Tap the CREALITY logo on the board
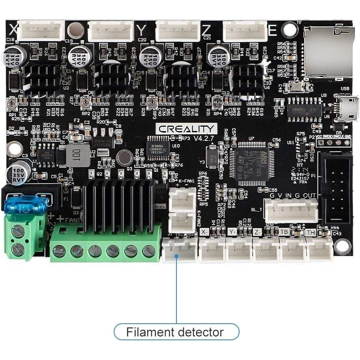[187, 129]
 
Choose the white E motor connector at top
[245, 31]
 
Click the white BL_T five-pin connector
[291, 210]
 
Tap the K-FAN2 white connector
[182, 221]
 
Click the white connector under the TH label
[319, 249]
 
